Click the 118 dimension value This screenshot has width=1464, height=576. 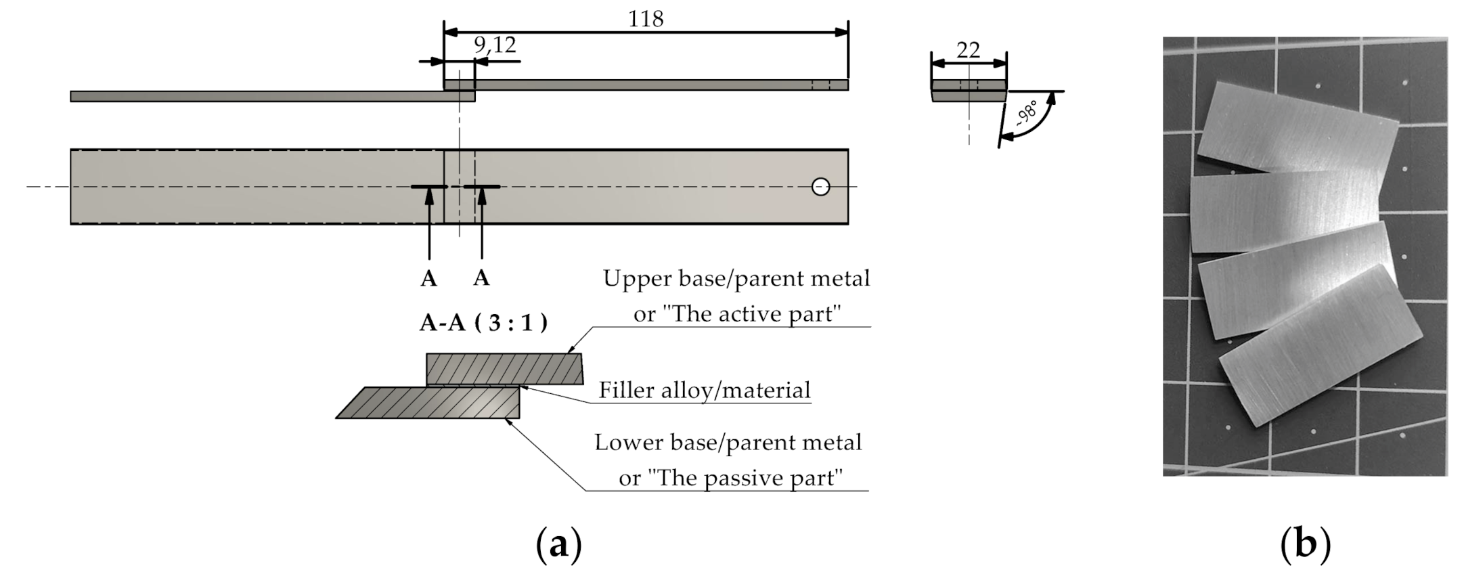pyautogui.click(x=646, y=19)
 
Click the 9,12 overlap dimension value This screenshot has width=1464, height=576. pyautogui.click(x=495, y=45)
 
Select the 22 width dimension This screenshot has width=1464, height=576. pyautogui.click(x=969, y=49)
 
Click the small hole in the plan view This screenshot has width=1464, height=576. pyautogui.click(x=820, y=186)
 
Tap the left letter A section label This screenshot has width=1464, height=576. pyautogui.click(x=428, y=279)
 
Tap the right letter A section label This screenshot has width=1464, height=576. pyautogui.click(x=481, y=278)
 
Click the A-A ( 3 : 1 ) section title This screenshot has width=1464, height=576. pyautogui.click(x=483, y=323)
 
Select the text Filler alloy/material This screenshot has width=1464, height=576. pyautogui.click(x=704, y=391)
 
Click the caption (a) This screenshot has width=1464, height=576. pyautogui.click(x=558, y=545)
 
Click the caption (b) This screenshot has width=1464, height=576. pyautogui.click(x=1306, y=545)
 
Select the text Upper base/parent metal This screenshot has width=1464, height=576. pyautogui.click(x=736, y=278)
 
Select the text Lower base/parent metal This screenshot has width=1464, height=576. pyautogui.click(x=728, y=443)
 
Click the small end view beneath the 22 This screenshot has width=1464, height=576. pyautogui.click(x=969, y=91)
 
